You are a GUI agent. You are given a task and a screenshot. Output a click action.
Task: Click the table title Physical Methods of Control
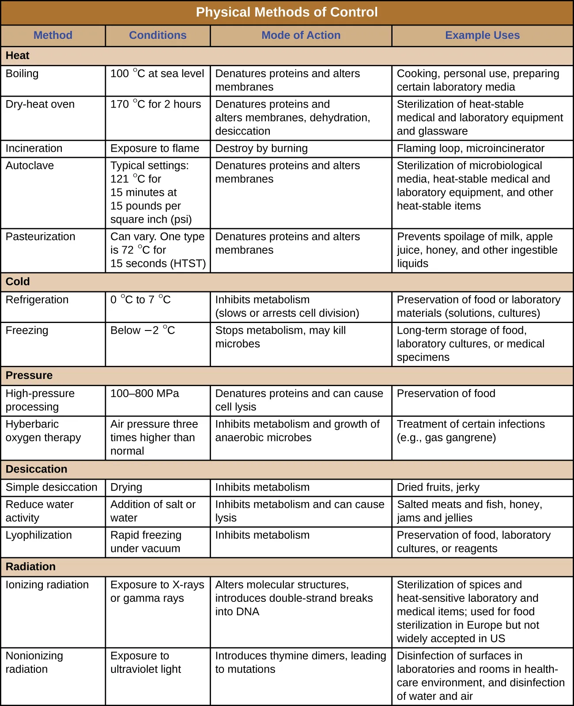coord(287,12)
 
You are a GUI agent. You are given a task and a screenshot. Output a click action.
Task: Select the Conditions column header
coord(158,35)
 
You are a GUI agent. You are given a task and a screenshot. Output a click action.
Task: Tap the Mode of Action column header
coord(301,35)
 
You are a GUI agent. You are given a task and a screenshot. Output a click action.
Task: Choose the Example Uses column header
coord(482,35)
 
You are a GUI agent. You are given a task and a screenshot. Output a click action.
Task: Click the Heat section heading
coord(18,56)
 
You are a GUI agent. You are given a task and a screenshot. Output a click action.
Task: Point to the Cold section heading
coord(18,282)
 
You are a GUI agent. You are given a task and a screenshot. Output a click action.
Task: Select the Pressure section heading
coord(29,376)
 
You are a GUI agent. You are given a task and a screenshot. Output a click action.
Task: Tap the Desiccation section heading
coord(37,469)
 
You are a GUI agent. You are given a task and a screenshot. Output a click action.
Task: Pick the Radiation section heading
coord(31,567)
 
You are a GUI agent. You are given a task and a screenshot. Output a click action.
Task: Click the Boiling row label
coord(22,74)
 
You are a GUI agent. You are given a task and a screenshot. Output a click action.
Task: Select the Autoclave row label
coord(30,165)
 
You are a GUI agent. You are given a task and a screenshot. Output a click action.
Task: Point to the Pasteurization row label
coord(41,237)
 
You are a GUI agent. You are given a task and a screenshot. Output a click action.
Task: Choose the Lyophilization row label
coord(39,535)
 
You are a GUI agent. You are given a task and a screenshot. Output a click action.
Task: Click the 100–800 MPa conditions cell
coord(145,394)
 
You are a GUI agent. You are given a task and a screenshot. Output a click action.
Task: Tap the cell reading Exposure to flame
coord(155,148)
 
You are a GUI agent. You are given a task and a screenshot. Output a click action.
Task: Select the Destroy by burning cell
coord(261,148)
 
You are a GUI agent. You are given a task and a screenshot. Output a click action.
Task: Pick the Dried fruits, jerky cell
coord(438,487)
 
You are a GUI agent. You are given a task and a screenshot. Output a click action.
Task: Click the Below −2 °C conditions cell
coord(143,330)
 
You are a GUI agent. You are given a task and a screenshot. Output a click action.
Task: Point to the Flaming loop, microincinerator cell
coord(471,148)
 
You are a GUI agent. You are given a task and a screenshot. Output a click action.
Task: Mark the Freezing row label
coord(27,330)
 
